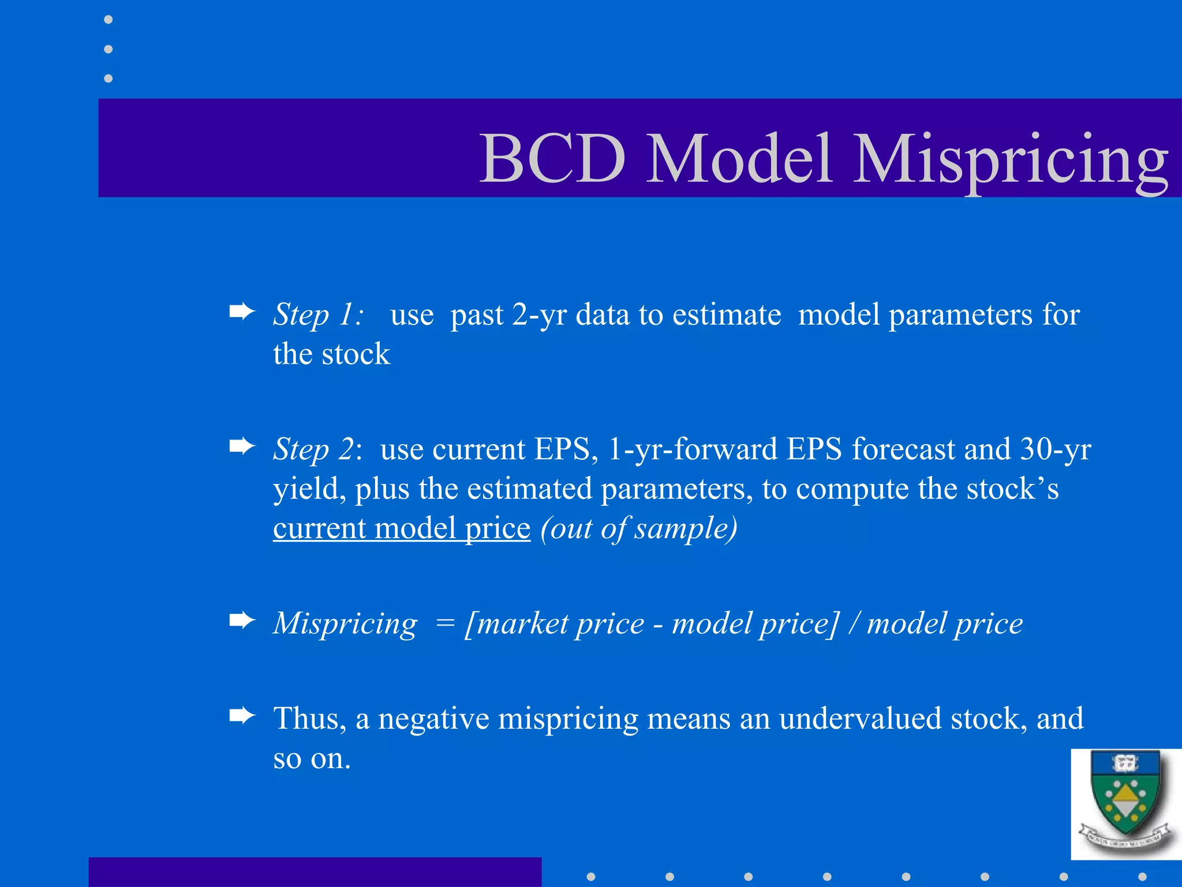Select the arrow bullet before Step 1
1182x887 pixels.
coord(242,312)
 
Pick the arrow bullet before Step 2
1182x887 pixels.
coord(242,446)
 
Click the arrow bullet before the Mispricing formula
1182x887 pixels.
coord(242,621)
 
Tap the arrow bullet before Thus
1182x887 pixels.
coord(242,716)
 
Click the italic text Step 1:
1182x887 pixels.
coord(318,315)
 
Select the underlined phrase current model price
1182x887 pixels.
coord(401,528)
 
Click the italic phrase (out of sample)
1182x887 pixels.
coord(639,528)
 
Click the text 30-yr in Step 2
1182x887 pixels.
coord(1055,449)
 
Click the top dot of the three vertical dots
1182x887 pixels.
coord(108,20)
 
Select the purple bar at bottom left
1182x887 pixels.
coord(315,872)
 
